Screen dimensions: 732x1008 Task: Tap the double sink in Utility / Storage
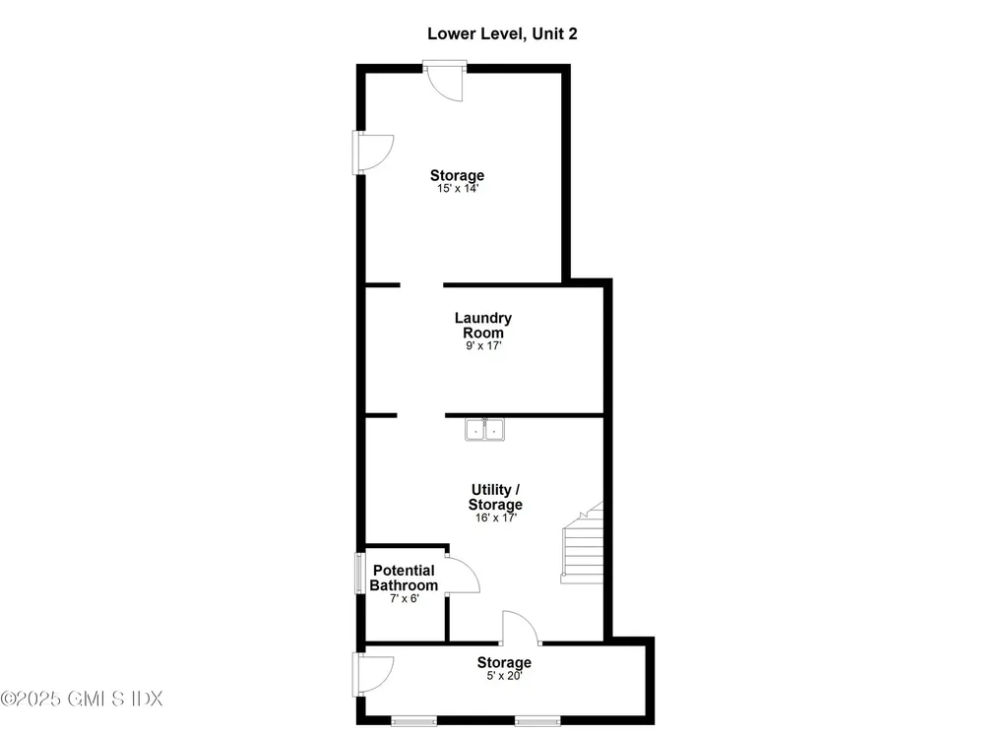pyautogui.click(x=483, y=430)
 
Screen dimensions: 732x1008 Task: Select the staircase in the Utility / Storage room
pyautogui.click(x=583, y=547)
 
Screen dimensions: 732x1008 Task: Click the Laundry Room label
pyautogui.click(x=482, y=325)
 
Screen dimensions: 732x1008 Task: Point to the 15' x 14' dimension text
pyautogui.click(x=457, y=188)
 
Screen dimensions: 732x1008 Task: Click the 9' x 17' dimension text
pyautogui.click(x=482, y=346)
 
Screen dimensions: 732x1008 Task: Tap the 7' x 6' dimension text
pyautogui.click(x=403, y=599)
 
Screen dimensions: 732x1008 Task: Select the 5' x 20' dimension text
pyautogui.click(x=504, y=676)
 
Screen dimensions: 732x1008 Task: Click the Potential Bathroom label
pyautogui.click(x=404, y=578)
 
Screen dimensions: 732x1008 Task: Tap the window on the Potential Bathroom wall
pyautogui.click(x=359, y=575)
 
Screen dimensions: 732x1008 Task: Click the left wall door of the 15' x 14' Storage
pyautogui.click(x=374, y=152)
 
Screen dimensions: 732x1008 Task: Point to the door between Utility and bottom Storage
pyautogui.click(x=520, y=628)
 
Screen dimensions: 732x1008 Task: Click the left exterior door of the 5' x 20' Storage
pyautogui.click(x=374, y=673)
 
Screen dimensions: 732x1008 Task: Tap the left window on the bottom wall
pyautogui.click(x=414, y=722)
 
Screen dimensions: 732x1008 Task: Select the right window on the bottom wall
pyautogui.click(x=536, y=722)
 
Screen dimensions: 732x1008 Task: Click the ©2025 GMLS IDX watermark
pyautogui.click(x=82, y=699)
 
